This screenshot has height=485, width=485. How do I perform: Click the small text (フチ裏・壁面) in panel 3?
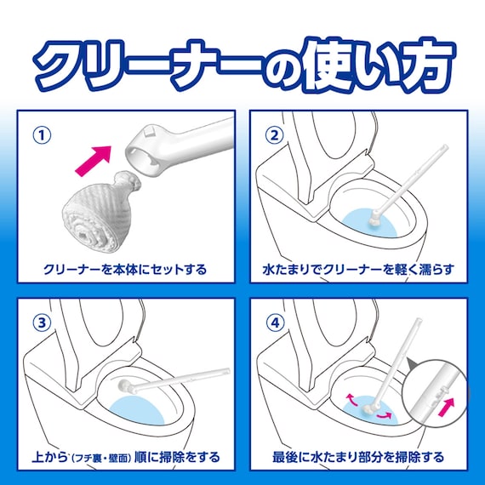coord(121,458)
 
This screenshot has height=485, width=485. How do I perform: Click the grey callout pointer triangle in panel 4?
coord(412,362)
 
